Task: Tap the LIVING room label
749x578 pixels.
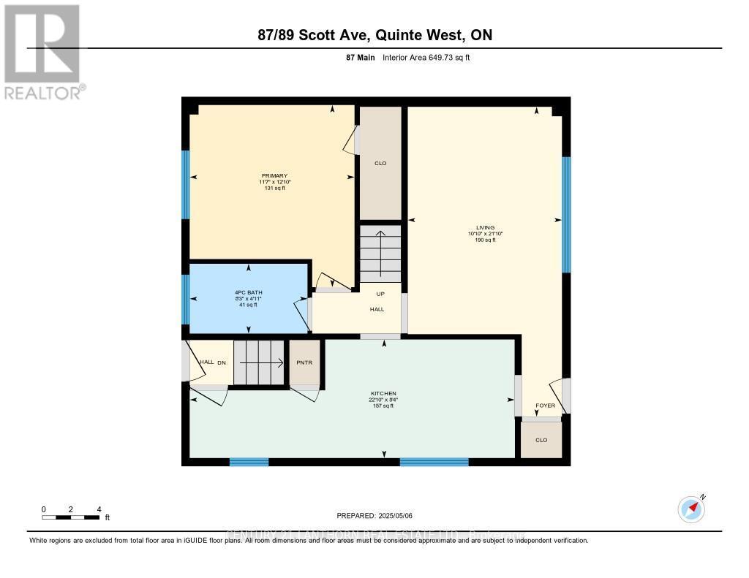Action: click(486, 227)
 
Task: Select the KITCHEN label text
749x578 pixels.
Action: click(383, 393)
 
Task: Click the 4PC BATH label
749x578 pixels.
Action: click(248, 292)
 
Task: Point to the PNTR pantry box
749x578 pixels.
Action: click(305, 362)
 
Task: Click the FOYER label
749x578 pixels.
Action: click(545, 405)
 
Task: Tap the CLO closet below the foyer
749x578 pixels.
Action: click(541, 440)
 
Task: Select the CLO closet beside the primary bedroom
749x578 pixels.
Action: click(380, 163)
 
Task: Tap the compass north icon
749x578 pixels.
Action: click(691, 509)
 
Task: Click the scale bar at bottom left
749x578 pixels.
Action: click(71, 517)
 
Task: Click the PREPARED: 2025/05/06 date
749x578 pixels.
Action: click(374, 516)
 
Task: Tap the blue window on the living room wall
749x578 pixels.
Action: click(566, 215)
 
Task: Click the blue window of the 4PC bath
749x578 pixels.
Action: click(186, 299)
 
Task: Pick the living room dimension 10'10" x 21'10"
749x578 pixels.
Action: click(486, 234)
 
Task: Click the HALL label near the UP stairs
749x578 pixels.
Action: click(377, 309)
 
